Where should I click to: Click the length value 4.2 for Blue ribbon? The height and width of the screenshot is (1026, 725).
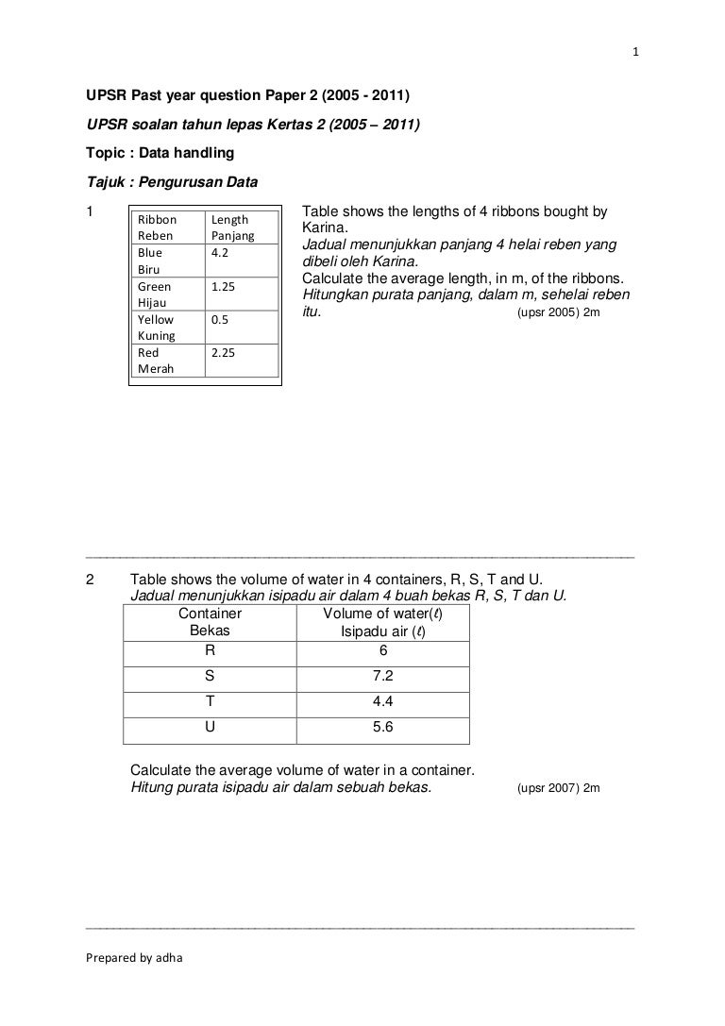[x=219, y=253]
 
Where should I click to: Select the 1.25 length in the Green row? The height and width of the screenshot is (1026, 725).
[x=223, y=286]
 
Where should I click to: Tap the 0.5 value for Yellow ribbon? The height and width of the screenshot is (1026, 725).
[x=219, y=319]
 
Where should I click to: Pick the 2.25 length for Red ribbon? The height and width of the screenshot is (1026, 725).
[x=223, y=352]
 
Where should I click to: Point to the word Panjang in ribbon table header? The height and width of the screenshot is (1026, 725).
[x=233, y=236]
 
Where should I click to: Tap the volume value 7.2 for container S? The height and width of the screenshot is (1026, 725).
[x=383, y=676]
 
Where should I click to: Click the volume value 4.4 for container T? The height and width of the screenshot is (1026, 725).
[x=383, y=701]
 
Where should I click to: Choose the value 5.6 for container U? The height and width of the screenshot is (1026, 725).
[x=383, y=727]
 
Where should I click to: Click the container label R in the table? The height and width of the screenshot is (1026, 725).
[x=210, y=650]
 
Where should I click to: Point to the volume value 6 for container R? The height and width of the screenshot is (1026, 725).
[x=383, y=650]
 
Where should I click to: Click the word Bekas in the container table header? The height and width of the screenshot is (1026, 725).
[x=210, y=630]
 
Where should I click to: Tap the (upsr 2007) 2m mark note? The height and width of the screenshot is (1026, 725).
[x=559, y=787]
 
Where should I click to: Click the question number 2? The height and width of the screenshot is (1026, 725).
[x=90, y=579]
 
